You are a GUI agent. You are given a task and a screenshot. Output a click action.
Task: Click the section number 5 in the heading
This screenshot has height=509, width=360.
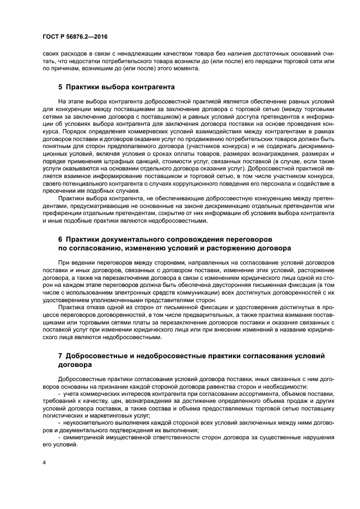tap(60, 86)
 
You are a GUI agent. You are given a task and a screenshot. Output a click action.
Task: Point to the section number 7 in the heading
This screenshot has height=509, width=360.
tap(60, 355)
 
